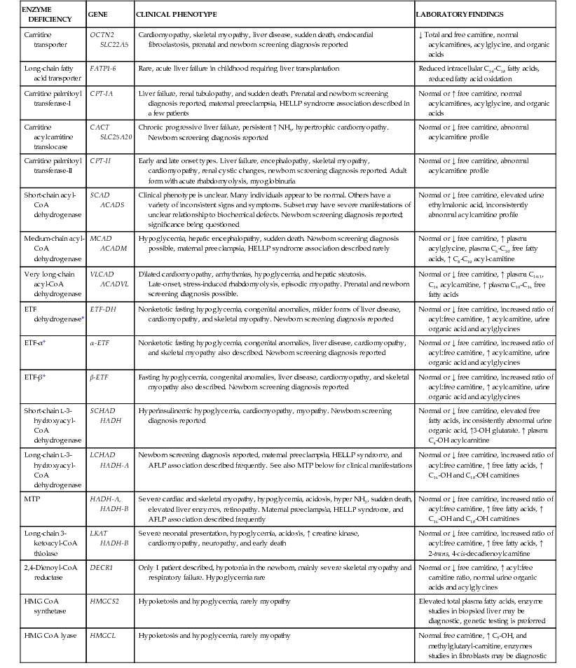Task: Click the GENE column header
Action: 97,14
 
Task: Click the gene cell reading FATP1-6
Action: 104,69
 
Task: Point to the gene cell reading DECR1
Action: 101,568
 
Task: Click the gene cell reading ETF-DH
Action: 103,309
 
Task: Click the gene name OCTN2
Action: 102,34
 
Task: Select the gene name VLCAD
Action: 102,274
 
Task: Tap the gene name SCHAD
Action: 102,411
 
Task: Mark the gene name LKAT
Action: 100,534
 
